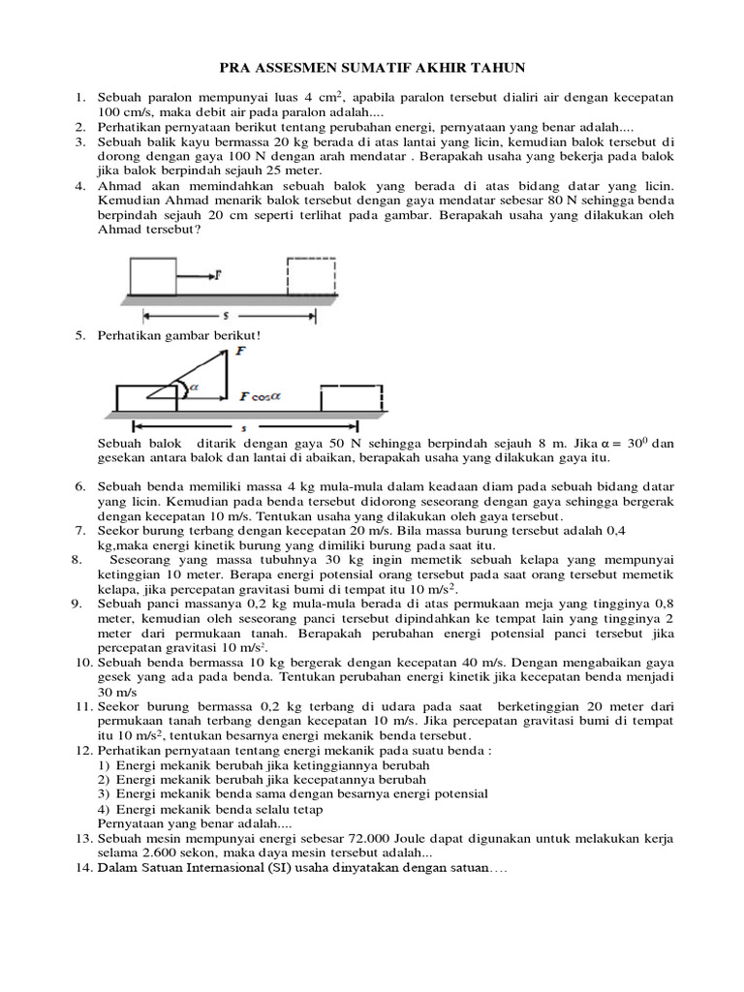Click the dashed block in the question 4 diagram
tap(311, 274)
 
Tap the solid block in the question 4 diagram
tap(153, 274)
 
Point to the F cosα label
tap(259, 395)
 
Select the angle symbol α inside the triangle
tap(193, 387)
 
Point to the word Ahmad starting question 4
tap(119, 186)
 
